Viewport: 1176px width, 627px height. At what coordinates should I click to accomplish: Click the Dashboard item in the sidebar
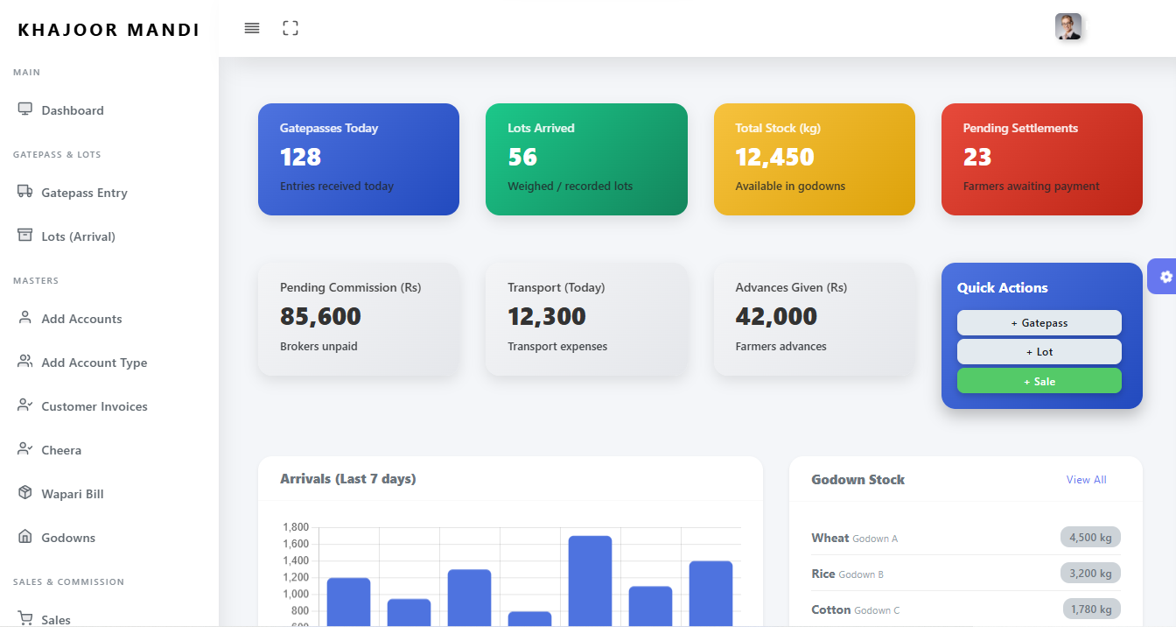pos(72,110)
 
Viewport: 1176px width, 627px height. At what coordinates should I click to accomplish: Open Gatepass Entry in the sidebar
pos(84,193)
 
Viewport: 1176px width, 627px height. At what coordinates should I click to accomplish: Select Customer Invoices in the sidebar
pos(94,406)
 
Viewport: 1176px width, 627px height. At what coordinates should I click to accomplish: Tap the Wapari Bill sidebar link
pos(72,494)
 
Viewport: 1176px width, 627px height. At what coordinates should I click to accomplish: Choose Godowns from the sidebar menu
pos(68,538)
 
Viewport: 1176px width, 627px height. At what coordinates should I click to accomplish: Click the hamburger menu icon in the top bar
pos(252,28)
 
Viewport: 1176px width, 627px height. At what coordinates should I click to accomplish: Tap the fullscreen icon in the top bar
pos(290,28)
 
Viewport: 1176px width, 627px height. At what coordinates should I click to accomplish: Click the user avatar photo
pos(1068,27)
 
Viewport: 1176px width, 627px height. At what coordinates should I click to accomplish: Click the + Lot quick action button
pos(1039,352)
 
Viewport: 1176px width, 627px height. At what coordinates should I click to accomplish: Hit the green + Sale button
pos(1039,382)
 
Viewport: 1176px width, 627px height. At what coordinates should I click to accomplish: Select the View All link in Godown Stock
pos(1086,480)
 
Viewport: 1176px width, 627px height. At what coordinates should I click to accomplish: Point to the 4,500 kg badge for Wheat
pos(1089,538)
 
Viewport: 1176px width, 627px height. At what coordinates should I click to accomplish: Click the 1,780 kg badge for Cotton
pos(1091,609)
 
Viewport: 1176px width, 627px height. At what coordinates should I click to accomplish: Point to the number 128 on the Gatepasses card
pos(300,158)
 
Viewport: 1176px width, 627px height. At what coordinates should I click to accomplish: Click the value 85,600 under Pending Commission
pos(320,317)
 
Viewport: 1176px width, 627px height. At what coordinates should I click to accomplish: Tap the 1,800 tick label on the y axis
pos(296,527)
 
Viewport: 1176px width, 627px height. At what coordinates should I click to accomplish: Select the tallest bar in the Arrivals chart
pos(590,578)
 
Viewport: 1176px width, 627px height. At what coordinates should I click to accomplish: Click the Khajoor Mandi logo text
pos(108,30)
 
